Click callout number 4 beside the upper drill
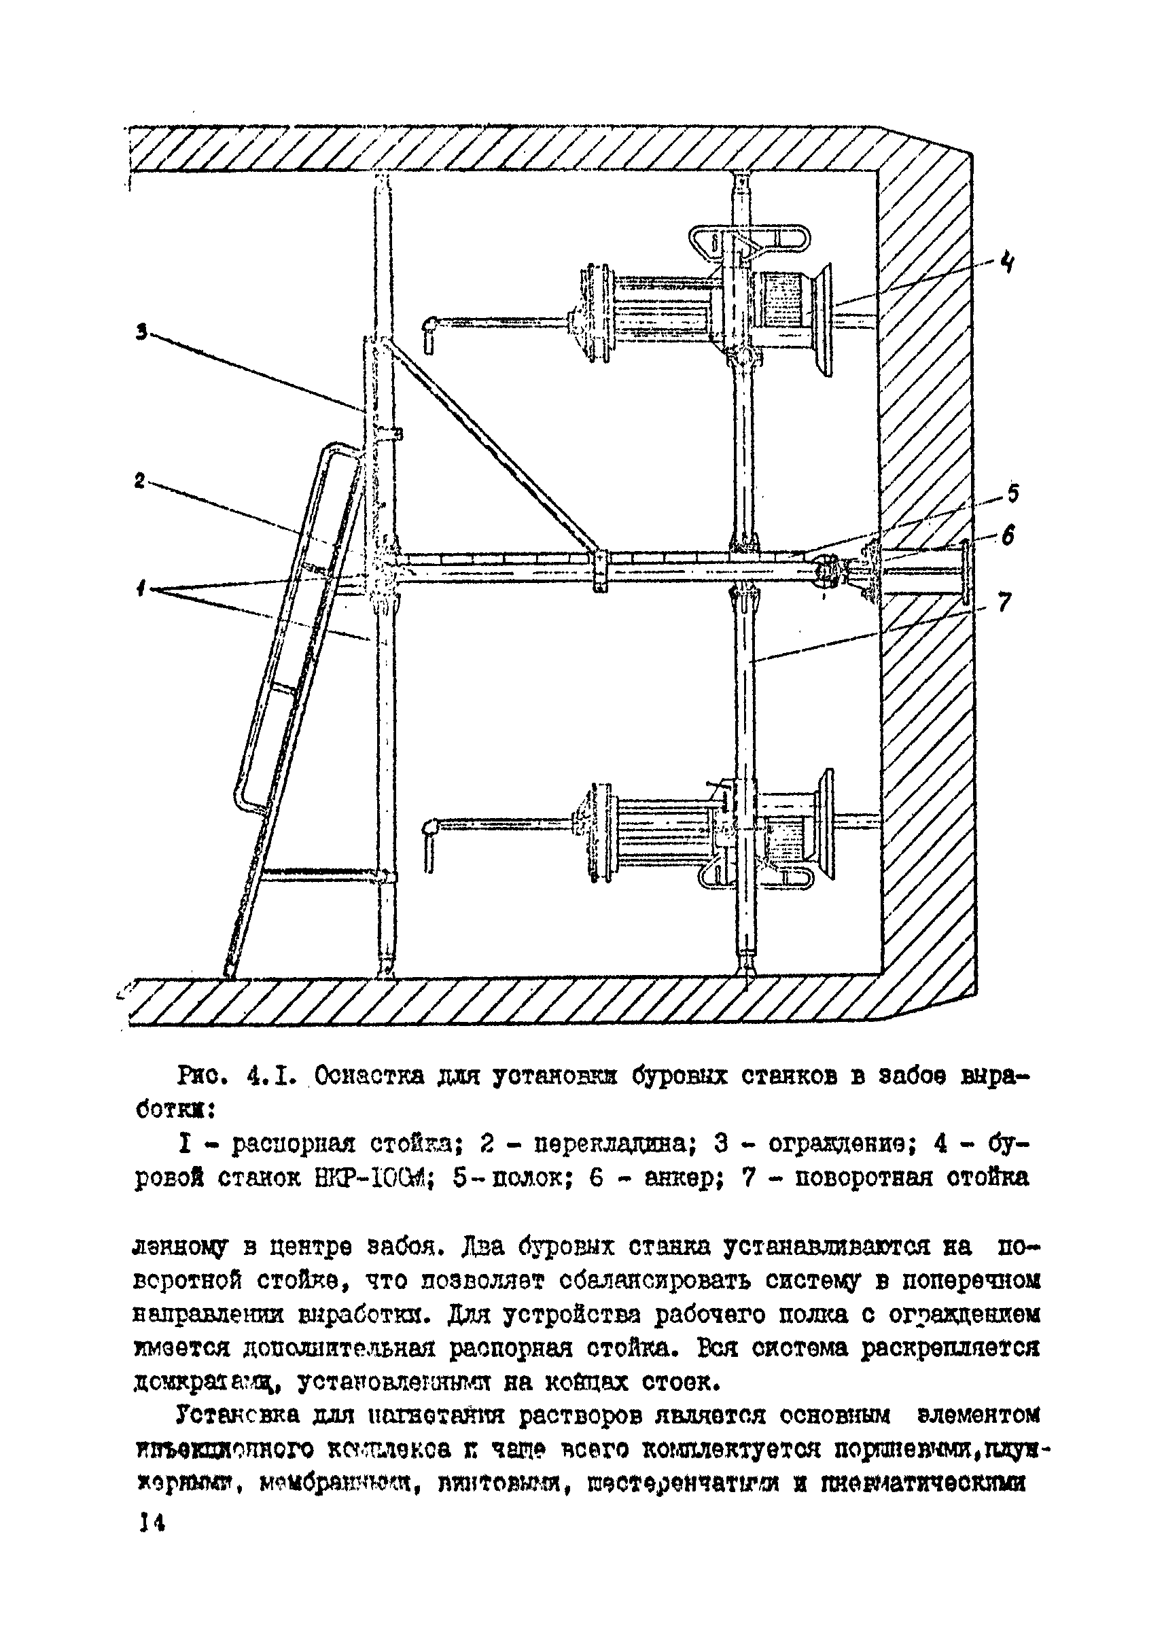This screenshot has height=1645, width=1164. click(1007, 263)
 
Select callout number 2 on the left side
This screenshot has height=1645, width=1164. click(141, 480)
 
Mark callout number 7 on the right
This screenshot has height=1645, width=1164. click(1004, 602)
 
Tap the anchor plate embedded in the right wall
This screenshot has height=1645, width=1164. click(965, 572)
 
